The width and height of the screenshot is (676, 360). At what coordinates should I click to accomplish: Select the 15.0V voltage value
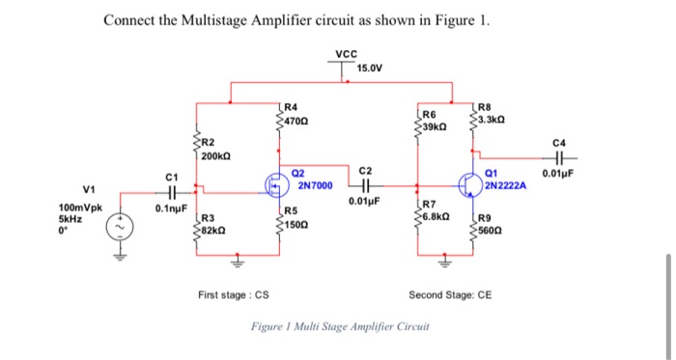coord(370,69)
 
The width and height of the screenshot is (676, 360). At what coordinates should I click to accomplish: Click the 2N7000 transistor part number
coord(315,184)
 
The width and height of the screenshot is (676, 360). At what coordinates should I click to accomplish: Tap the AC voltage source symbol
coord(122,227)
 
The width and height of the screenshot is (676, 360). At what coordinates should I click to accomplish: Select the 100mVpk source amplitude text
coord(80,208)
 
